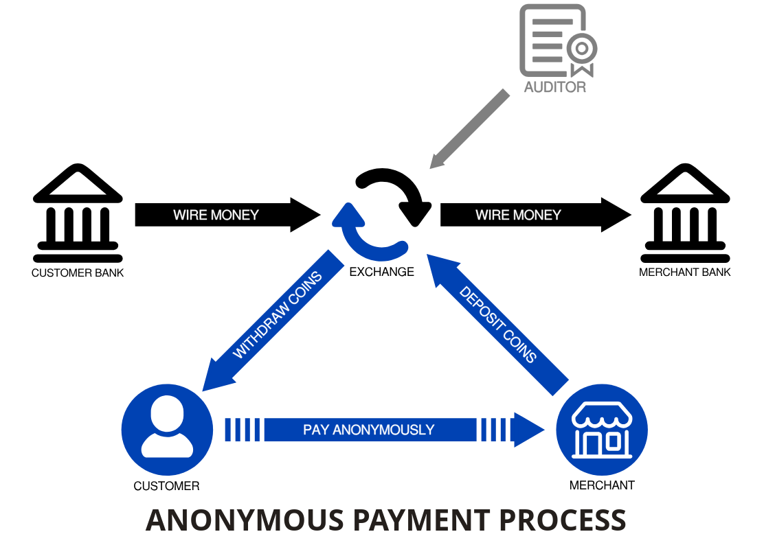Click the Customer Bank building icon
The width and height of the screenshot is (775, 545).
click(x=78, y=213)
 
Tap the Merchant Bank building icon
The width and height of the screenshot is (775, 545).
click(x=685, y=213)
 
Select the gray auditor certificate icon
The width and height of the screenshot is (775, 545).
click(x=557, y=41)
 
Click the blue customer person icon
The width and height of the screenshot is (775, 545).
click(x=167, y=430)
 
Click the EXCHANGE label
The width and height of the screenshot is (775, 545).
click(x=382, y=272)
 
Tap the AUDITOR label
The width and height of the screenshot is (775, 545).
click(x=555, y=87)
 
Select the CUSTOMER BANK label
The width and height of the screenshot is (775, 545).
click(x=78, y=272)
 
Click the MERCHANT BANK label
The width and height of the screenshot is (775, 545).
click(x=685, y=272)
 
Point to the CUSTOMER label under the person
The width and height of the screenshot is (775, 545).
click(x=167, y=486)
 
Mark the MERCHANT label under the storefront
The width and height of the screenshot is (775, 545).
click(x=602, y=485)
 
